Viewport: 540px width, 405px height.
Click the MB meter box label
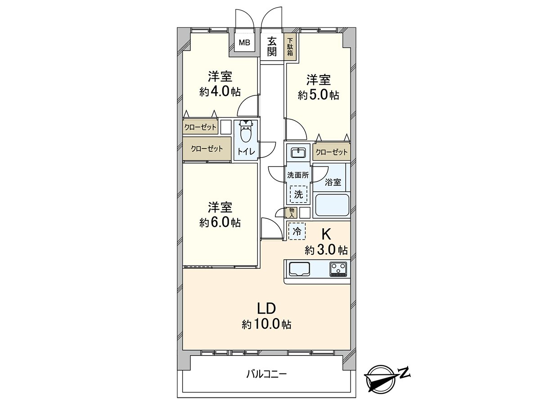coord(244,43)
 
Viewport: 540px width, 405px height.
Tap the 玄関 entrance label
coord(272,47)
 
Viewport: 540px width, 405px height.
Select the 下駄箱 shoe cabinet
coord(290,47)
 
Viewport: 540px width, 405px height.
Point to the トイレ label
coord(246,152)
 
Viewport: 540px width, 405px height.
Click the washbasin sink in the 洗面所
coord(298,153)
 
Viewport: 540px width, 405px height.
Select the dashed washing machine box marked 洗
coord(298,194)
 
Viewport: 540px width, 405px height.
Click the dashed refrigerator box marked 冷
coord(297,231)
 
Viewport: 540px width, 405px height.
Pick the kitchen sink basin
coord(299,269)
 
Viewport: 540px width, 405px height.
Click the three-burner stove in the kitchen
coord(338,270)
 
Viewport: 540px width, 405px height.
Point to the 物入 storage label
coord(292,213)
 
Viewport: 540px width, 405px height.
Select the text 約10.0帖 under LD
coord(266,325)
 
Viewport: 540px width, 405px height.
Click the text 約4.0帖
coord(220,92)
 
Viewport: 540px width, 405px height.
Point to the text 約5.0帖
coord(318,95)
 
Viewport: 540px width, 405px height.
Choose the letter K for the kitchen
coord(326,234)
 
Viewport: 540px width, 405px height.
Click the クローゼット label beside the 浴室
coord(332,152)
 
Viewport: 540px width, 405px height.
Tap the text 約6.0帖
coord(220,223)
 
